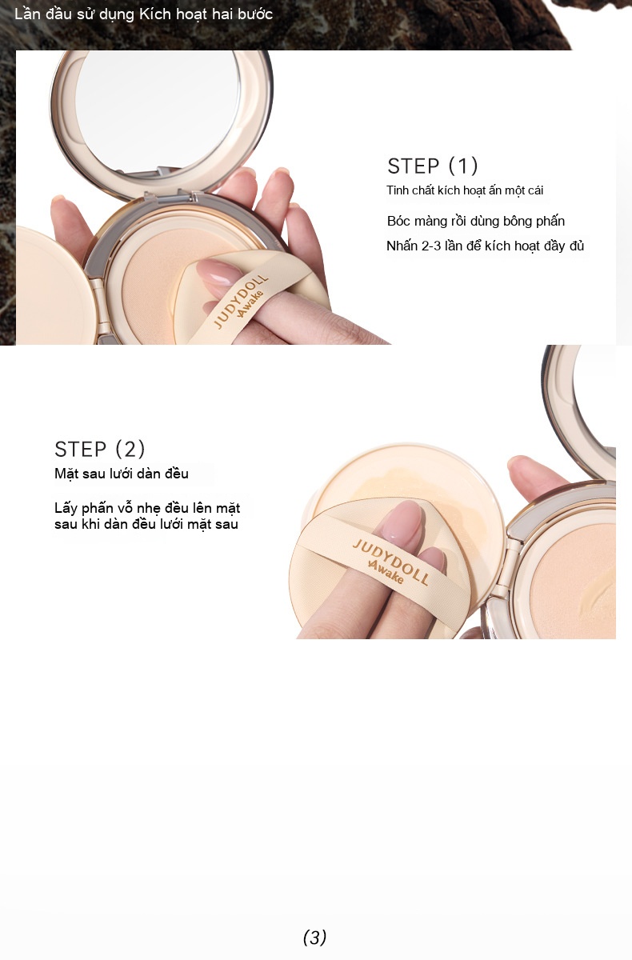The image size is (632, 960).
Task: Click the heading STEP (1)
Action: point(432,166)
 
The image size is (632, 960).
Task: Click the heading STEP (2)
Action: point(99,449)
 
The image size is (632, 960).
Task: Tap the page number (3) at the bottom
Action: point(315,938)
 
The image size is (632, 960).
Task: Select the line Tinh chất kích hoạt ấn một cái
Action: point(465,190)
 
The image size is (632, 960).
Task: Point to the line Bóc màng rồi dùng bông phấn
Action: point(476,221)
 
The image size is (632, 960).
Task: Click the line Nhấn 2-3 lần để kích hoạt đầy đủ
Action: point(486,246)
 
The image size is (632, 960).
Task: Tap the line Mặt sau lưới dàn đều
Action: point(122,474)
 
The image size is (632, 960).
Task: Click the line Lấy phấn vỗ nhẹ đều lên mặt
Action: point(147,508)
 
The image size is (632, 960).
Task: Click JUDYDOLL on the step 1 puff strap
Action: point(241,302)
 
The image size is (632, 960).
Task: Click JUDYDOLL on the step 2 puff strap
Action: point(390,562)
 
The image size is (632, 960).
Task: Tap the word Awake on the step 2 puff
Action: point(386,572)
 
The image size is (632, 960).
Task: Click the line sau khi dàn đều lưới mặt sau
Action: point(146,524)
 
